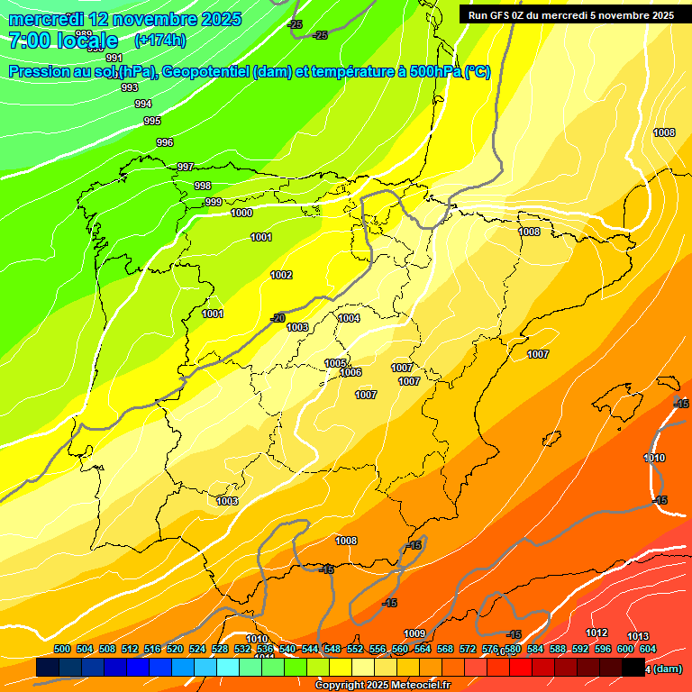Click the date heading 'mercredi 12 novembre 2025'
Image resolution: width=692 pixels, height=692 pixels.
click(x=124, y=19)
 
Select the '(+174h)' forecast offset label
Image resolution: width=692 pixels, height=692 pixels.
click(x=159, y=40)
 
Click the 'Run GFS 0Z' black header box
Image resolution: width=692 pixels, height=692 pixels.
click(x=571, y=15)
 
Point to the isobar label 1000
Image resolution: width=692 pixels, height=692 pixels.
click(x=241, y=214)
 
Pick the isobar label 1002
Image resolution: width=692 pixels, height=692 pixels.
click(x=281, y=275)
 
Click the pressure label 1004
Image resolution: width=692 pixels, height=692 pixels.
click(x=350, y=318)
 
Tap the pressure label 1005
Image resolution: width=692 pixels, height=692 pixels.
click(x=335, y=363)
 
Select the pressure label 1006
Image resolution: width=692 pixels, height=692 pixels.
click(x=351, y=372)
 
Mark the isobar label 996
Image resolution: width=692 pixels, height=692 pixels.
click(x=165, y=142)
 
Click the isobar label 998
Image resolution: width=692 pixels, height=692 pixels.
click(x=203, y=186)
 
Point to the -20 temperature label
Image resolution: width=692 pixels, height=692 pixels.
click(x=278, y=318)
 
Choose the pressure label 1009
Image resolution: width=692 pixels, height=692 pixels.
click(x=414, y=633)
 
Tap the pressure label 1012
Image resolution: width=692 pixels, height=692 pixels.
click(x=596, y=633)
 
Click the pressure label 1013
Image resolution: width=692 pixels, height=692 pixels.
click(x=638, y=637)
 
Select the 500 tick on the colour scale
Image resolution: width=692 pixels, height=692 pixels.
click(x=62, y=649)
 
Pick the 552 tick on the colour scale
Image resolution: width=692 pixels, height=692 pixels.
click(x=355, y=649)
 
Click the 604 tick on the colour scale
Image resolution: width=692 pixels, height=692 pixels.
click(x=648, y=649)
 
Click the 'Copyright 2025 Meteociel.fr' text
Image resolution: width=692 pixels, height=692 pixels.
click(x=383, y=685)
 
